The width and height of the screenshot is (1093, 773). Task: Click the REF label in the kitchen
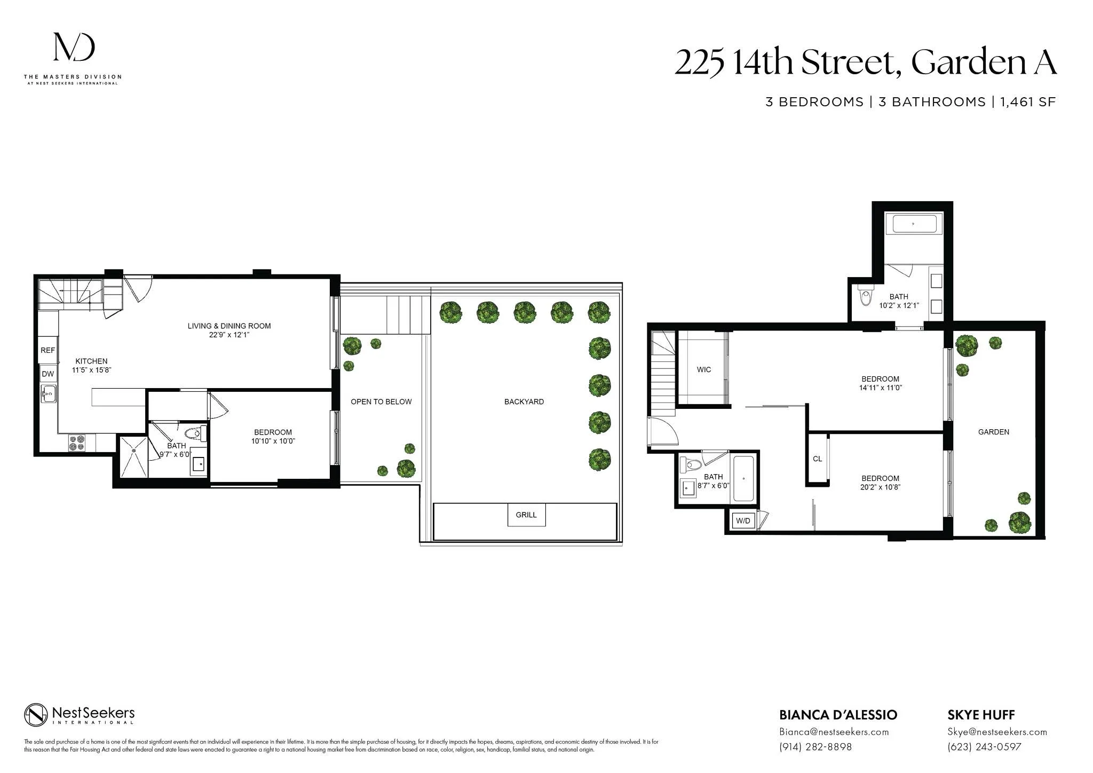[x=47, y=351]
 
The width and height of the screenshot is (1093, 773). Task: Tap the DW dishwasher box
[x=47, y=374]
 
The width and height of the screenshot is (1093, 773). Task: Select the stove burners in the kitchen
[x=76, y=443]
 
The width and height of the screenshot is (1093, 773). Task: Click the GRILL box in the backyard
[x=526, y=515]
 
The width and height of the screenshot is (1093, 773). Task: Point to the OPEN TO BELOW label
[x=381, y=402]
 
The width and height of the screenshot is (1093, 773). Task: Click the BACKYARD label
[x=524, y=402]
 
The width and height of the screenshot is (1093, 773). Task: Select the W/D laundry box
[x=743, y=520]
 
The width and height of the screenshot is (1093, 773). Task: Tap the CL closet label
[x=817, y=459]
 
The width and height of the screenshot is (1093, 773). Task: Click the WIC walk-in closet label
[x=703, y=370]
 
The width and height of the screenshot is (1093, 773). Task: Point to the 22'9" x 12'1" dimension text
[x=229, y=335]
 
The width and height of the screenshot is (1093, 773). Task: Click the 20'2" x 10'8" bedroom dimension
[x=880, y=487]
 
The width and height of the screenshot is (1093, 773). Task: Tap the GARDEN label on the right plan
[x=993, y=432]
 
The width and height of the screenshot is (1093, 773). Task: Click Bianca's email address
[x=834, y=732]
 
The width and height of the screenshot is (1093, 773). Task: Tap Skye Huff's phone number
[x=984, y=747]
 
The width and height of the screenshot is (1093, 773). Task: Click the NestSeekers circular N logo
[x=36, y=715]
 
